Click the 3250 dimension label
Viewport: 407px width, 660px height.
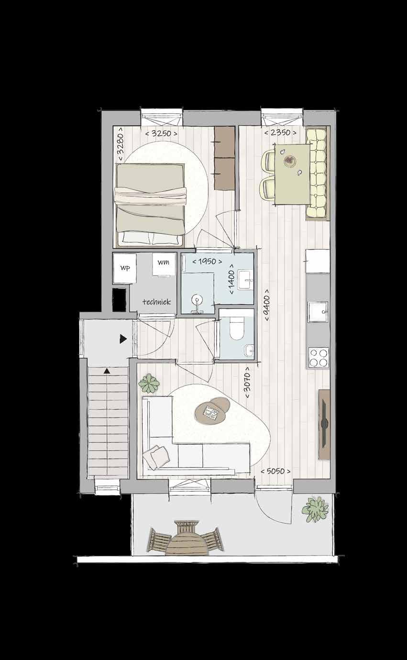click(x=162, y=133)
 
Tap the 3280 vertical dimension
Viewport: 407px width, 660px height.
click(x=121, y=144)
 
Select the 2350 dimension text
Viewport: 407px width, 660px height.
click(x=280, y=133)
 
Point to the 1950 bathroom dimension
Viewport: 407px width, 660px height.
click(x=208, y=261)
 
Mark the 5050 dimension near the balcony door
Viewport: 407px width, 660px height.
click(x=275, y=471)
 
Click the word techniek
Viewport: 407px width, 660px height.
click(x=156, y=301)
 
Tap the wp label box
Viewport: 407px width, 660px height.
click(x=125, y=268)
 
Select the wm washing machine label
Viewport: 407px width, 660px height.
click(x=163, y=262)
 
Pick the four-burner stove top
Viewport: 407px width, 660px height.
click(x=319, y=358)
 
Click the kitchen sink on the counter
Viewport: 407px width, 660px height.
click(x=318, y=312)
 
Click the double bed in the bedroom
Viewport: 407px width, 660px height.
click(x=149, y=205)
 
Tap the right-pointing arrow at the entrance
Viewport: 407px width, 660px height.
click(x=123, y=339)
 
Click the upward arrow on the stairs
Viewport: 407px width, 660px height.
click(x=107, y=371)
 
